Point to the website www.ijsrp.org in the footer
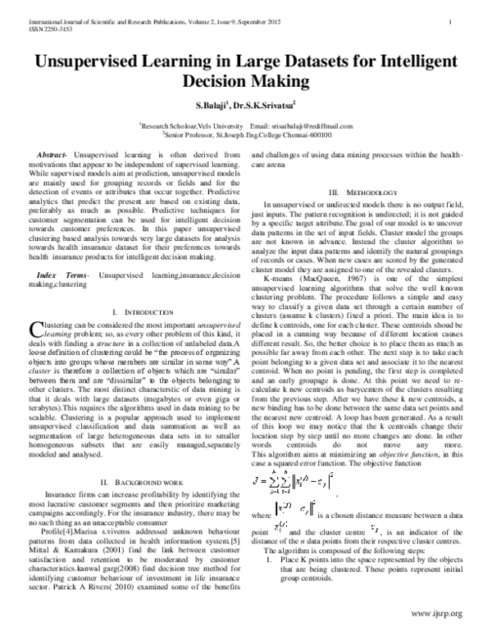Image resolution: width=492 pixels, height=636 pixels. [x=436, y=614]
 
